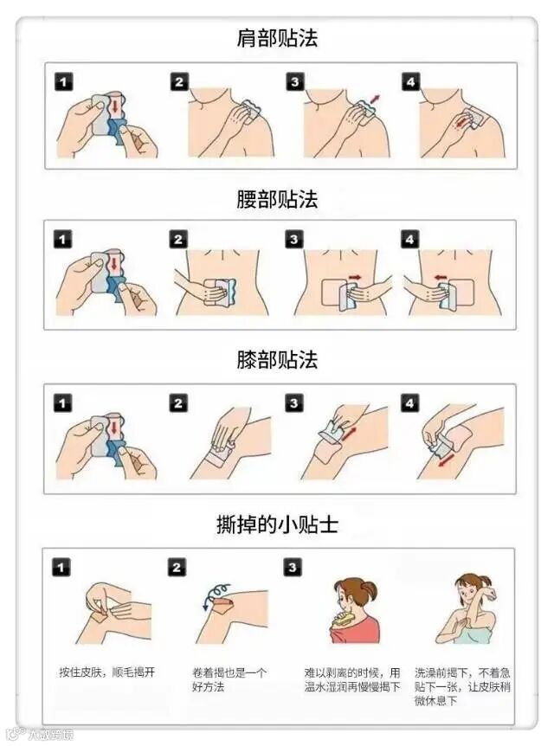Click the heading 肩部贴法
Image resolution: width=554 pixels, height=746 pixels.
coord(277,39)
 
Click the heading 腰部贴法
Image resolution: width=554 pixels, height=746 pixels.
coord(277,199)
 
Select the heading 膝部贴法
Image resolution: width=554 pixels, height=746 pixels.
coord(277,360)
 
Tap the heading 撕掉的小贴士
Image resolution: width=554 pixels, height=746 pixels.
coord(277,524)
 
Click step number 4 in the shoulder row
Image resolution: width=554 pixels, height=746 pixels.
coord(410,82)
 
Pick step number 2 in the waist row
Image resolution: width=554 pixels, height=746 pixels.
coord(178,240)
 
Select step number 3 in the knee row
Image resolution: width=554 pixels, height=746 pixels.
coord(293,403)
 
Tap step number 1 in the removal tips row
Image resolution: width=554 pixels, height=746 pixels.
coord(61,567)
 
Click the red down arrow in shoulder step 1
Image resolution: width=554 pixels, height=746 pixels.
coord(114,106)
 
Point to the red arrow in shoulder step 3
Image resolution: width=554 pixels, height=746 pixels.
coord(376,99)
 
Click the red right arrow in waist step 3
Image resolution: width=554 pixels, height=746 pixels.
coord(355,276)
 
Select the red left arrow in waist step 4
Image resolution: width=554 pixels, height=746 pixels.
coord(441,276)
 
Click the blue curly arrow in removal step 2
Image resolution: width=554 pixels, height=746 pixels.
coord(216,594)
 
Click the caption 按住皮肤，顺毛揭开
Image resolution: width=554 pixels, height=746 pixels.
coord(107,672)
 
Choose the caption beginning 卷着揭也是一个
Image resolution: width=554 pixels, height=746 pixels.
coord(229,680)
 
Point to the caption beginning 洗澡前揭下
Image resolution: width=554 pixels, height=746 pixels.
coord(462,686)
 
